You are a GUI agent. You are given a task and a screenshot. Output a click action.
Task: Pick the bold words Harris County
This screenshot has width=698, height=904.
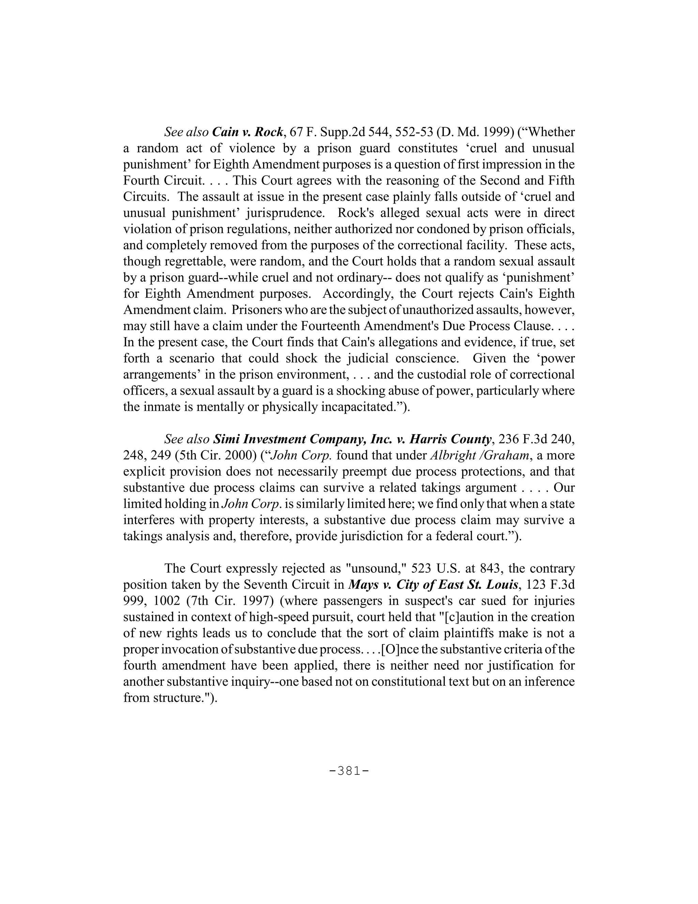pos(450,439)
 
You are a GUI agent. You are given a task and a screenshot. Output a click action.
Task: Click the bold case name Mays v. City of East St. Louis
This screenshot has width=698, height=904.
pos(434,584)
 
